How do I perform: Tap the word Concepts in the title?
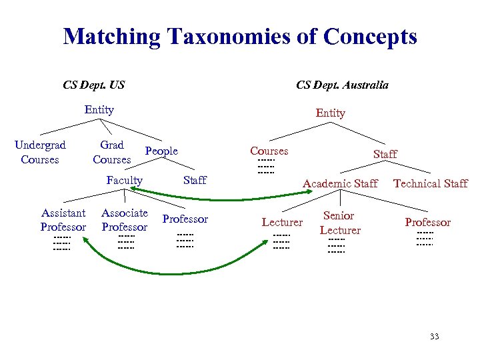click(366, 36)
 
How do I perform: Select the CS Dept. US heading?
click(93, 85)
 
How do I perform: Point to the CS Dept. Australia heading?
click(342, 85)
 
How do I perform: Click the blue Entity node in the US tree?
click(99, 110)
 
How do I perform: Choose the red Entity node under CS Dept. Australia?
click(330, 113)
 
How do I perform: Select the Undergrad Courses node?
click(40, 152)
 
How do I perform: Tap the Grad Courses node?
click(111, 152)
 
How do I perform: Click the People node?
click(161, 151)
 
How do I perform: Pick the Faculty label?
click(124, 181)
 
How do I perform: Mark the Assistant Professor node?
click(63, 220)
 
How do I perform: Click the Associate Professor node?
click(124, 220)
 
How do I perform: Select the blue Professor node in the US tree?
click(185, 219)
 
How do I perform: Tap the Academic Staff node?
click(340, 183)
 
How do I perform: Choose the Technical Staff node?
click(430, 183)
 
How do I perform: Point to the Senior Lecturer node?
click(339, 223)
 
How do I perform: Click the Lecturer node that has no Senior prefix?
click(282, 223)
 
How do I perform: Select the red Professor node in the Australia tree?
click(427, 223)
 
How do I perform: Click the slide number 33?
click(434, 337)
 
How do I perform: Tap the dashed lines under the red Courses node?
click(266, 167)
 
